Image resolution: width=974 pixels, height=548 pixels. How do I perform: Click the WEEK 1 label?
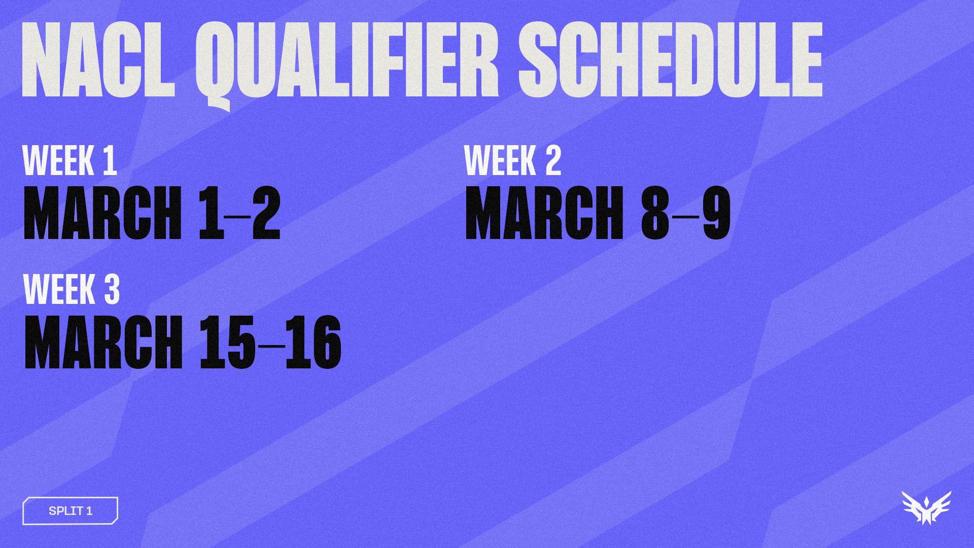click(x=70, y=161)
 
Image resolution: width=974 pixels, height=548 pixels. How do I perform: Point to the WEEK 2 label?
click(x=513, y=161)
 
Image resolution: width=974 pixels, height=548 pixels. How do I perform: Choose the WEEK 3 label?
click(x=72, y=290)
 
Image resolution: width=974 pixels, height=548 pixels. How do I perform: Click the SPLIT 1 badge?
click(x=71, y=510)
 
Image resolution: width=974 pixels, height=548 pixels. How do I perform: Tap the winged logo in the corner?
click(x=926, y=507)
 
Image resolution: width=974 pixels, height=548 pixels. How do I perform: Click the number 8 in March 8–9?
click(x=655, y=213)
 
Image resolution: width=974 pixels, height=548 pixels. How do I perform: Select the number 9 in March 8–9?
click(x=716, y=213)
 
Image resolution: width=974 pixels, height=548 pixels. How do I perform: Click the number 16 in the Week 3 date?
click(x=313, y=342)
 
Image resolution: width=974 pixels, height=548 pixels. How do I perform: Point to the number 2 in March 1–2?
click(x=266, y=213)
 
